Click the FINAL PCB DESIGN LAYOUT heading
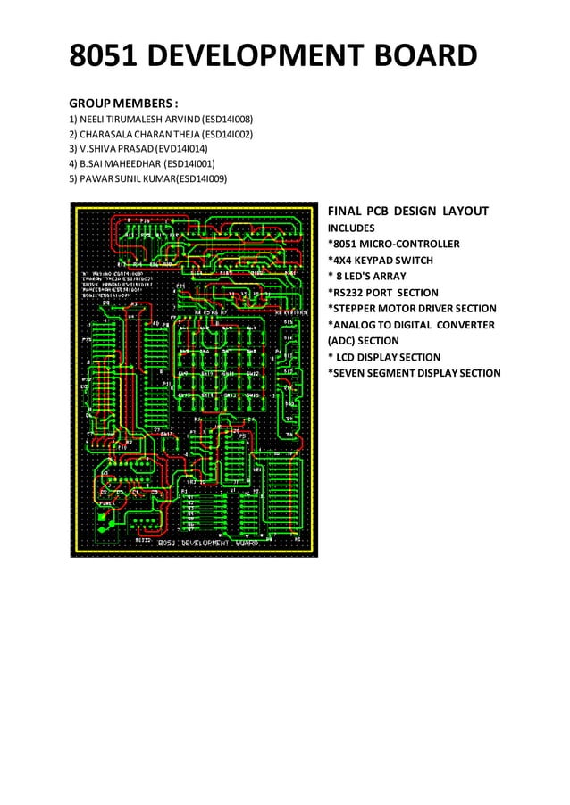407,212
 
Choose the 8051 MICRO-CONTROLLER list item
394,244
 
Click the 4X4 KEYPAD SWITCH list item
389,261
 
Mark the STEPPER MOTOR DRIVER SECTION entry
412,309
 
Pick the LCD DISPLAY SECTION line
384,357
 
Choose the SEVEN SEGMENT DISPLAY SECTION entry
415,373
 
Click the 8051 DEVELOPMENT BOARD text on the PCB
207,543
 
